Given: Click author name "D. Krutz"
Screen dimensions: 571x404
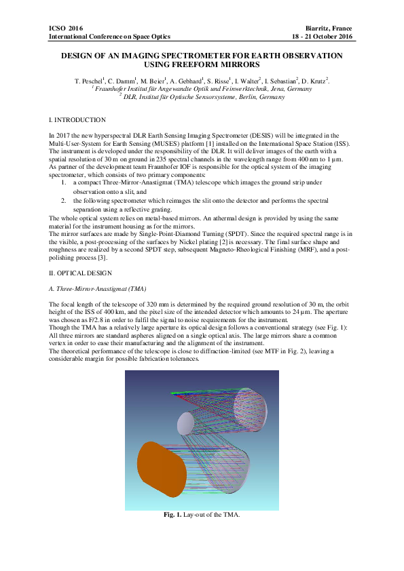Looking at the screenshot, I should point(314,81).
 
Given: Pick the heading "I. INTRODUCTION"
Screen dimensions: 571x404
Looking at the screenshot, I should point(73,119).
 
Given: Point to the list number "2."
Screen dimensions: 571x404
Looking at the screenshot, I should point(64,201).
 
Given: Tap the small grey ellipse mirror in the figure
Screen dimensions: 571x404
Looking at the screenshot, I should point(185,425).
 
